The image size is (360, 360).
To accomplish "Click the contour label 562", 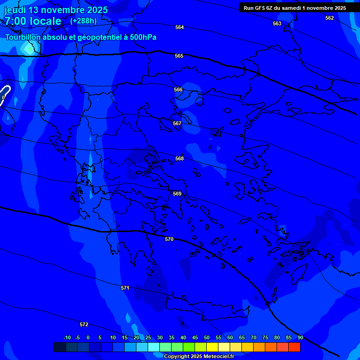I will [330, 18].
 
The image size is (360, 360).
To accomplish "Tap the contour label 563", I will [277, 23].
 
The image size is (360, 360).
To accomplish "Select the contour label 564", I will [180, 27].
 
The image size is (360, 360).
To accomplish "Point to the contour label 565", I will [179, 56].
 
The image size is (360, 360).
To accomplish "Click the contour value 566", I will [178, 90].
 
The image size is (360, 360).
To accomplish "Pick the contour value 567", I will [177, 123].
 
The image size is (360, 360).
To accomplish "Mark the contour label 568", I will [180, 158].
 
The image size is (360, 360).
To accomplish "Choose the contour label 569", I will [177, 194].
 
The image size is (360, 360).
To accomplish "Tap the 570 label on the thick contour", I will [169, 239].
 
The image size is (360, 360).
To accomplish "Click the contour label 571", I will [125, 288].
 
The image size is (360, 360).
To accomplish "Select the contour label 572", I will [84, 324].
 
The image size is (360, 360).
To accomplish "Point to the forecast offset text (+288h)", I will [83, 21].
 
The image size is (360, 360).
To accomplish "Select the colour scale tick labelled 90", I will [300, 337].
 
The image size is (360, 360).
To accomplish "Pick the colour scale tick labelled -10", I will [67, 337].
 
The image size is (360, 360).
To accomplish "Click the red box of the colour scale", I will [294, 347].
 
